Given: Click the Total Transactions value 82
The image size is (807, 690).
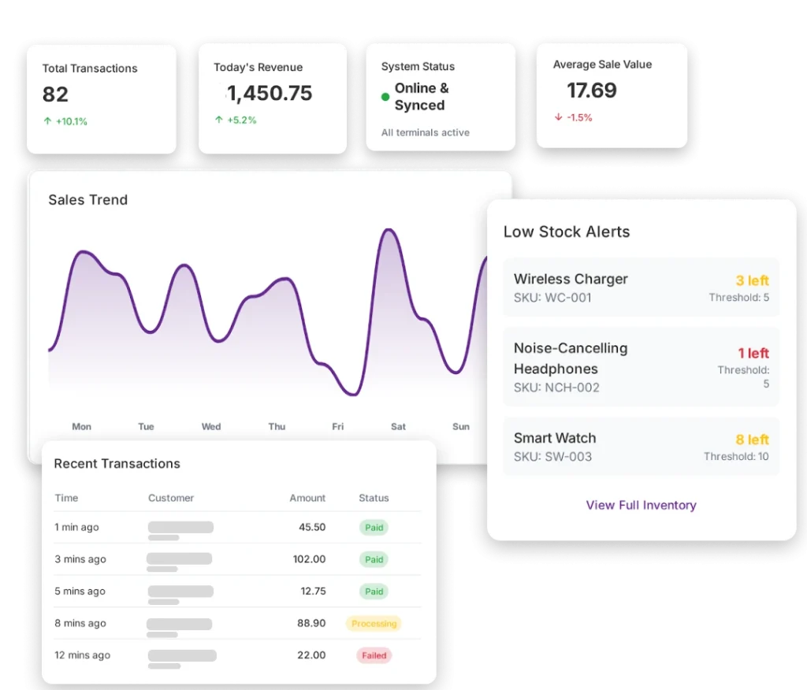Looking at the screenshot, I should [55, 95].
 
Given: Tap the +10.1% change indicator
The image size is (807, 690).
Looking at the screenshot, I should [66, 122].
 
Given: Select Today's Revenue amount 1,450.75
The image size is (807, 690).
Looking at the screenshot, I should [270, 94].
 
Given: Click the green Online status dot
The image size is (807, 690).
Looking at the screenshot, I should [385, 97].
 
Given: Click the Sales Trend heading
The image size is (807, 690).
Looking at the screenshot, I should [87, 200].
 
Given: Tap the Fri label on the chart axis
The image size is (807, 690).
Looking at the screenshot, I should [337, 427].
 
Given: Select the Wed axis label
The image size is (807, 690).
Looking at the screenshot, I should [210, 427].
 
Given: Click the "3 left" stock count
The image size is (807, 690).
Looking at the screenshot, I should [752, 281].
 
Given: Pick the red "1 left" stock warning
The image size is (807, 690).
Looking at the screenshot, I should [753, 354].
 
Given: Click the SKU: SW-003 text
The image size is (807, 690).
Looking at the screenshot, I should [552, 457].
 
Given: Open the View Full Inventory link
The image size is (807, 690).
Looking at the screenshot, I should [641, 505].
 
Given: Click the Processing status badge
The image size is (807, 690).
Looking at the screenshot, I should [374, 624].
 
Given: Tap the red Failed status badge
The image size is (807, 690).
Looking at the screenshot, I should [374, 655].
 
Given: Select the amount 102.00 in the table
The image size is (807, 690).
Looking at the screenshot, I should [309, 559].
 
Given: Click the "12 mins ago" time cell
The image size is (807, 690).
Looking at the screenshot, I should [82, 655].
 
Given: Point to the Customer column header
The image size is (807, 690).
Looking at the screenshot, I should [171, 498].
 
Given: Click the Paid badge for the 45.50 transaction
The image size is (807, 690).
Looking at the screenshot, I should [374, 528].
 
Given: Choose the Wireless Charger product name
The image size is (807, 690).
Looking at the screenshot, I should [571, 279].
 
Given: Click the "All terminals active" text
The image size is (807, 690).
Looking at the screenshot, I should [425, 132].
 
